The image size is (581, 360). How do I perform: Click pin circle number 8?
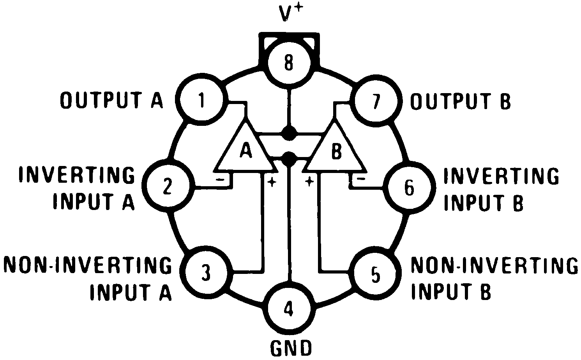(x=288, y=63)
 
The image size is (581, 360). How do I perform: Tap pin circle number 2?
(x=168, y=186)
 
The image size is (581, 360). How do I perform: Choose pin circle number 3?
(x=206, y=272)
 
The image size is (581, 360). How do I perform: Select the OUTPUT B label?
(x=460, y=102)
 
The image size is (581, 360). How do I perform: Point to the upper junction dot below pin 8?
(x=288, y=133)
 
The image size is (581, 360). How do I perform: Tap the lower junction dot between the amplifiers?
(x=289, y=158)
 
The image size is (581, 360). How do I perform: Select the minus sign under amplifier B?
(x=361, y=179)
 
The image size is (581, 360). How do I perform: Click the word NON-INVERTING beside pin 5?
(x=494, y=266)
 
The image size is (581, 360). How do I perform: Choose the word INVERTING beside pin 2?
(x=77, y=175)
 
